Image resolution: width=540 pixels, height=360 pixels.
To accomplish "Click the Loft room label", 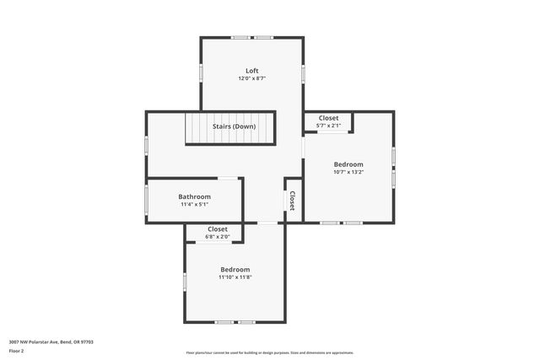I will [x=251, y=71].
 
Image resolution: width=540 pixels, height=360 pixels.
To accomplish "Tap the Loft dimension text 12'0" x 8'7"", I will [x=251, y=78].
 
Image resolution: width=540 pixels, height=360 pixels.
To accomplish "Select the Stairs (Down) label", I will [x=234, y=126].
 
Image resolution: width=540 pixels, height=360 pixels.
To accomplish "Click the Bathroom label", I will [x=194, y=196].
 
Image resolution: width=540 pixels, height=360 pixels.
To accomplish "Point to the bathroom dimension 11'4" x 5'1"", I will [x=194, y=204].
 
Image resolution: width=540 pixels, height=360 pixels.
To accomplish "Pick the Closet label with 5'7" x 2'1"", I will [x=328, y=119].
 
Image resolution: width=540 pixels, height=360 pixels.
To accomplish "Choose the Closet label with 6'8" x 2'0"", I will [x=218, y=228].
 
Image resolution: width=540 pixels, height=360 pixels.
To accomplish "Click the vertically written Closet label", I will [x=292, y=200].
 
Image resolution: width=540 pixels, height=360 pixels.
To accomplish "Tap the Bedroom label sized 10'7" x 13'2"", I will [x=348, y=164].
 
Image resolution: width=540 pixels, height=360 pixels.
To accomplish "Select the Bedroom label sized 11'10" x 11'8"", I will [x=235, y=269].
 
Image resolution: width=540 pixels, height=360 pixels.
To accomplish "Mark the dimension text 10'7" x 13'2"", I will [x=348, y=172].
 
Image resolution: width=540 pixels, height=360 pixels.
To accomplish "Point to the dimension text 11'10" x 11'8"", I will [x=235, y=277].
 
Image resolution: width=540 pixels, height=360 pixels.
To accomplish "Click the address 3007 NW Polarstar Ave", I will [x=51, y=341].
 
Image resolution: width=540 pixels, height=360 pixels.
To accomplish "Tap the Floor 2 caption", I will [x=17, y=349].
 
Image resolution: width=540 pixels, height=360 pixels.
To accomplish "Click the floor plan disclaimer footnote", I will [x=270, y=352].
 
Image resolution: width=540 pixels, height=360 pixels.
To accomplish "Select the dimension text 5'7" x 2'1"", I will [x=328, y=126].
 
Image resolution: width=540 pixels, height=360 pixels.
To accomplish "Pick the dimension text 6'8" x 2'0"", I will [x=218, y=236].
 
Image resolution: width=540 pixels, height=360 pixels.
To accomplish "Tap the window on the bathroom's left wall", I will [x=147, y=201].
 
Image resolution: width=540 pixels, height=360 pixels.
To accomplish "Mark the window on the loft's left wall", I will [x=201, y=73].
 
